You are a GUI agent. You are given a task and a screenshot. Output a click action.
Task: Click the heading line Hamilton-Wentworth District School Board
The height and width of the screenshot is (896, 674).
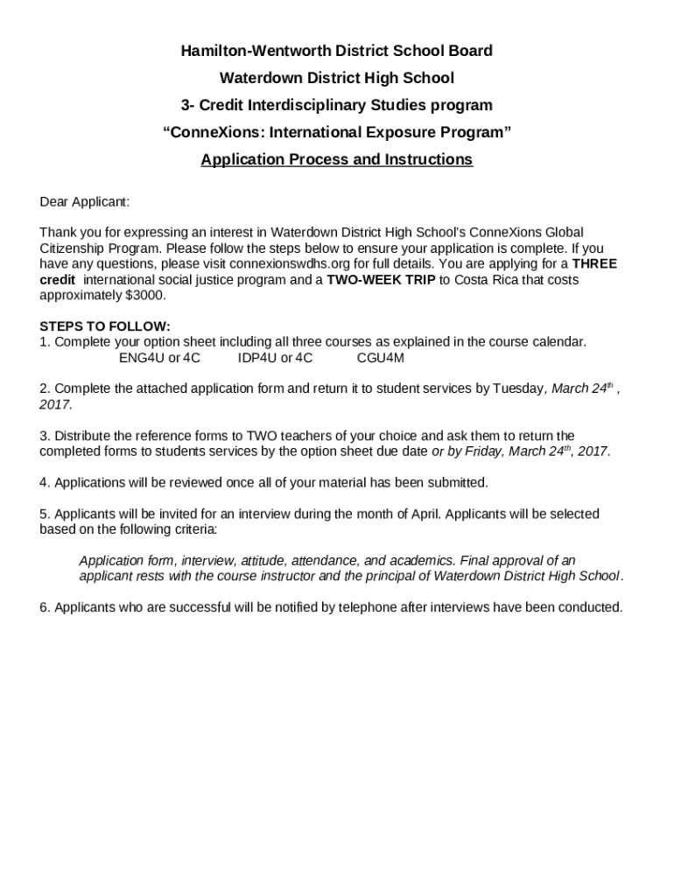[336, 51]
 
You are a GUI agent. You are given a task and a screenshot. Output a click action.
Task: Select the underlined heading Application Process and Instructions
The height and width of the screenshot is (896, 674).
[336, 159]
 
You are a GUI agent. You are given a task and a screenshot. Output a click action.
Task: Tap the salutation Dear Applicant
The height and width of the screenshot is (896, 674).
[84, 202]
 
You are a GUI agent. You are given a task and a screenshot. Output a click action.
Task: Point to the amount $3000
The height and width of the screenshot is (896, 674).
[145, 295]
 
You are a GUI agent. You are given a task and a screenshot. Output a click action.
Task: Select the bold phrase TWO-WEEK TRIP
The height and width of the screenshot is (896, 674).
[381, 279]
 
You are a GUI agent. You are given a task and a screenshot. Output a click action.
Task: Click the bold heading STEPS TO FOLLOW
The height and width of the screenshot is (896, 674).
[105, 326]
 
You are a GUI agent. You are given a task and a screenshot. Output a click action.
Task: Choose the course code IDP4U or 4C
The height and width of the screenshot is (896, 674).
[275, 358]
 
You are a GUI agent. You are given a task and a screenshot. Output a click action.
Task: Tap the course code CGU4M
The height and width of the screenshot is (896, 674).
[380, 358]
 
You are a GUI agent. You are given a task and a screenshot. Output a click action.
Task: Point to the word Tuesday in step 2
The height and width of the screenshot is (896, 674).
[518, 389]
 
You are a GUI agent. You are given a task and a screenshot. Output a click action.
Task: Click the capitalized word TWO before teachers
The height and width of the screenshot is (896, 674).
[261, 436]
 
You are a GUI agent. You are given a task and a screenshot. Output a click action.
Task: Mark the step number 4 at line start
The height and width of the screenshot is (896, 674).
[43, 483]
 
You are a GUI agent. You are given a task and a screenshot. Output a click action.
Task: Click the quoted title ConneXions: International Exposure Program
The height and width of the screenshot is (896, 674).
[336, 132]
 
